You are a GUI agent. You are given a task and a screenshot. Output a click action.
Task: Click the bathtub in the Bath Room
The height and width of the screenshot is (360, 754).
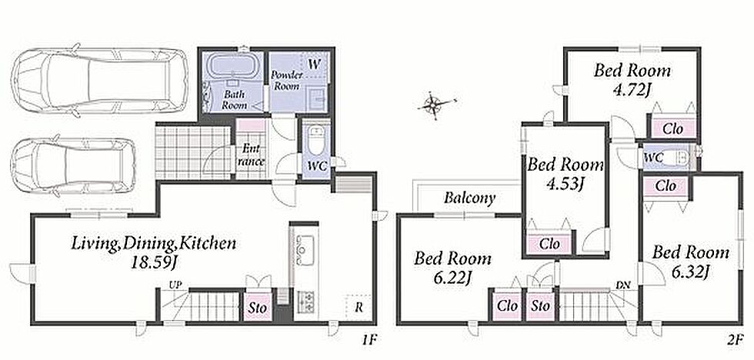point(232,66)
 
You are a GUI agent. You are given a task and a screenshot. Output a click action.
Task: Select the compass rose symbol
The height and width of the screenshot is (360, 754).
point(435,105)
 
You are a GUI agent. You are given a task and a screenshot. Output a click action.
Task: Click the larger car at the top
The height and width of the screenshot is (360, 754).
point(99,80)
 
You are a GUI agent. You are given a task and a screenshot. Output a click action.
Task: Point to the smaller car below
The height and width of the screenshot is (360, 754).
point(73,165)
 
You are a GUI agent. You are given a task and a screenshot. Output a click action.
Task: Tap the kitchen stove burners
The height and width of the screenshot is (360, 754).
point(305,302)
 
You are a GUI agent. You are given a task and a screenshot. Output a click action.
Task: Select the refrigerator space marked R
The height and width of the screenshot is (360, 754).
point(359,308)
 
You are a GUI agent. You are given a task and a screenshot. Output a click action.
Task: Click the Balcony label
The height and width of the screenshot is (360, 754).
point(469,198)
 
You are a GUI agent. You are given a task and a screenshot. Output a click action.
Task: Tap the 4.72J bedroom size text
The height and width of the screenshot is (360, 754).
point(632,89)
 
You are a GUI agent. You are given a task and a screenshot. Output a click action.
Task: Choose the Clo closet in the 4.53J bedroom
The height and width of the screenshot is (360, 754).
point(549,244)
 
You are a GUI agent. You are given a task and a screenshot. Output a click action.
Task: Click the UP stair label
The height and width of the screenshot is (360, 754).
point(175,285)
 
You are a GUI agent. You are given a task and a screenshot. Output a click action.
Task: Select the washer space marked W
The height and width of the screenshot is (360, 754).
point(314,65)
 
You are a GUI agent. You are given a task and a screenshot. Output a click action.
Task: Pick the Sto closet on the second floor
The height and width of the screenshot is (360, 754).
point(540,305)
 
